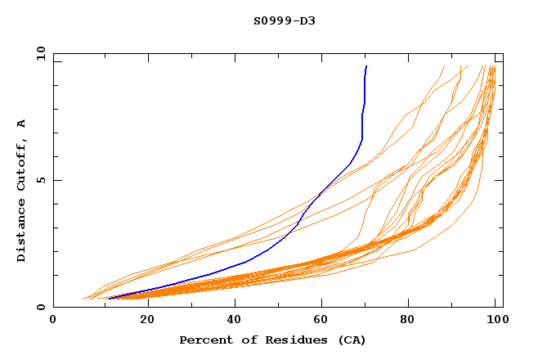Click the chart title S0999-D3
(x=285, y=20)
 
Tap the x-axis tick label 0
(x=54, y=321)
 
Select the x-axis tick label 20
(x=142, y=321)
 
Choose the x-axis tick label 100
(x=494, y=321)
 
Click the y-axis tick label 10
(x=40, y=54)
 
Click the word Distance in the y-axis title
(x=21, y=232)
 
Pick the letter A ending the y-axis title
(x=21, y=124)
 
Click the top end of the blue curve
(x=366, y=67)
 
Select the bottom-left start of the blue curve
(x=109, y=299)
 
